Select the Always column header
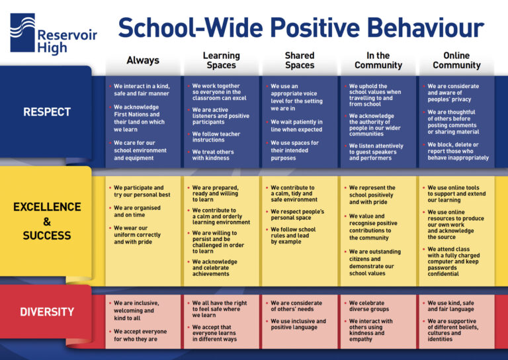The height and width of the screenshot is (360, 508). (x=143, y=60)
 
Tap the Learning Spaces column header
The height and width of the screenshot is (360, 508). (x=221, y=60)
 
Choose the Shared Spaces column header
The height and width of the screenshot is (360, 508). (x=300, y=60)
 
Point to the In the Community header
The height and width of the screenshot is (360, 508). (x=378, y=60)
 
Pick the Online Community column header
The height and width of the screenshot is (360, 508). (x=456, y=60)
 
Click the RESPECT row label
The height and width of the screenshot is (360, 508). (x=46, y=112)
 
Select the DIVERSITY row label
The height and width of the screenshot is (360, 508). (x=46, y=312)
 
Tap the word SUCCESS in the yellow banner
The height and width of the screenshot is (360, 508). (x=46, y=236)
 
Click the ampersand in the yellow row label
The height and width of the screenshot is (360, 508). (x=46, y=222)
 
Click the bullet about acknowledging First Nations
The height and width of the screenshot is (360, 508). (x=139, y=118)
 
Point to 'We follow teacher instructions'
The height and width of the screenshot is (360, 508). (x=216, y=137)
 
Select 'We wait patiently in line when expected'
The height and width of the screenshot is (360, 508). (x=296, y=126)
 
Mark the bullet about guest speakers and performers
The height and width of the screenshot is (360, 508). (x=375, y=152)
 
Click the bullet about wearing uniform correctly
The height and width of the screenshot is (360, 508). (x=137, y=234)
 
